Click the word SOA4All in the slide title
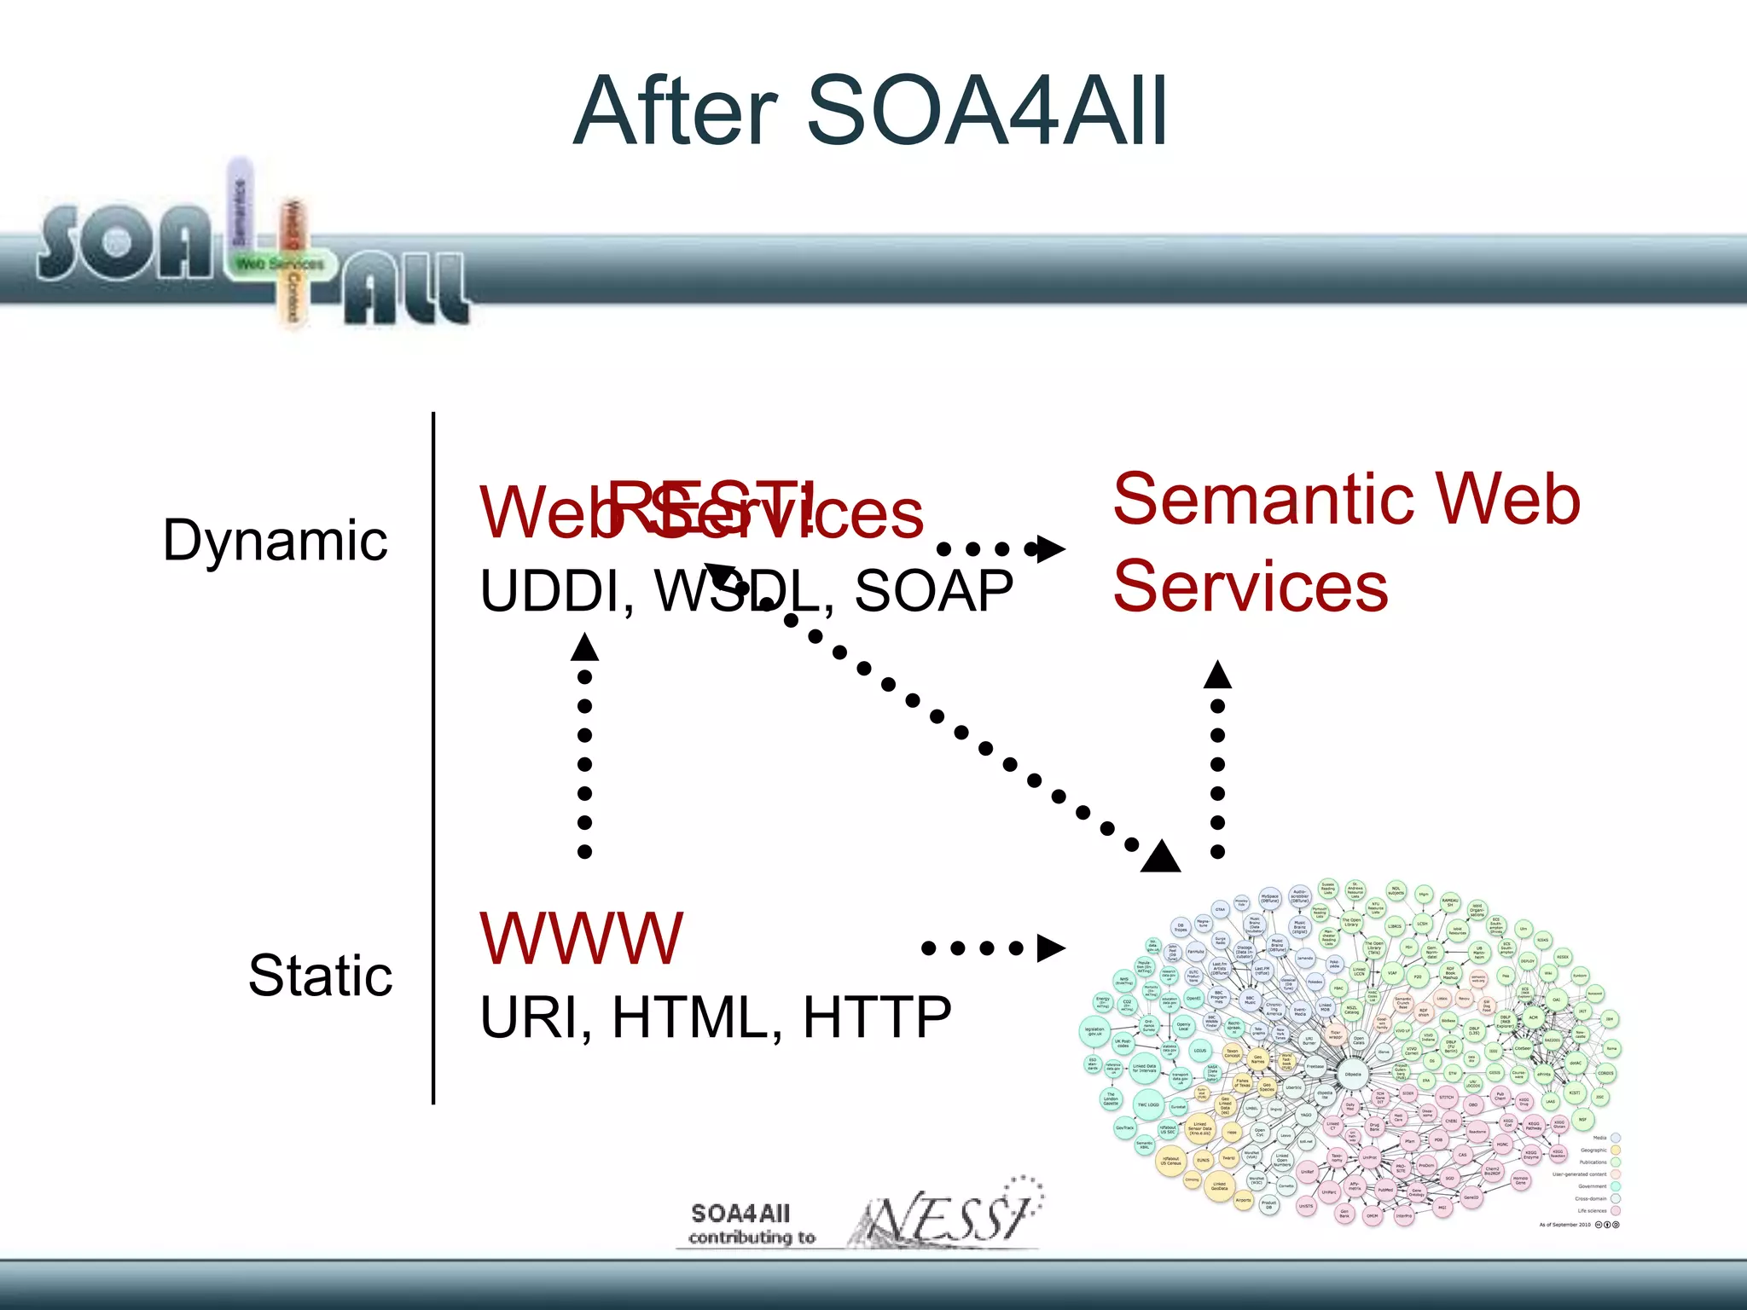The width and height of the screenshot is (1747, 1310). coord(986,111)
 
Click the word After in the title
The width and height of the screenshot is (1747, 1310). coord(675,111)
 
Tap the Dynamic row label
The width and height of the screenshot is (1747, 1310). coord(275,541)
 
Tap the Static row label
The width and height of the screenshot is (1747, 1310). coord(320,976)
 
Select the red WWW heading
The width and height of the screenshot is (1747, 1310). coord(581,938)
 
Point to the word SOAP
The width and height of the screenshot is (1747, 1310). coord(933,591)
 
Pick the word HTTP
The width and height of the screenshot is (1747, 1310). coord(877,1017)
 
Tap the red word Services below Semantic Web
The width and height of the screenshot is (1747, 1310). coord(1251,587)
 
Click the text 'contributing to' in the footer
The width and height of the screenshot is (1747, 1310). coord(752,1238)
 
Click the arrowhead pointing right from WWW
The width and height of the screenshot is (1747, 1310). coord(1050,948)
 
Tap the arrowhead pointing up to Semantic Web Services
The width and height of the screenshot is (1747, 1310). coord(1217,675)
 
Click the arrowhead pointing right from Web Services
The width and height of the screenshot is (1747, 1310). coord(1050,548)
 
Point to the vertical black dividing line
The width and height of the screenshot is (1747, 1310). coord(433,759)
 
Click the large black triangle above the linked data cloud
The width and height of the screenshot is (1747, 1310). coord(1161,857)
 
